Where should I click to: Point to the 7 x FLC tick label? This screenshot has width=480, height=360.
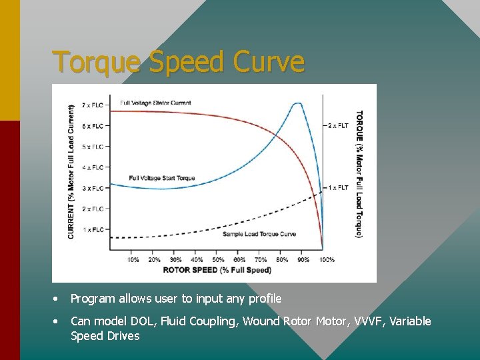pyautogui.click(x=93, y=105)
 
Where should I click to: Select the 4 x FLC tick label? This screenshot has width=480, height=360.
pyautogui.click(x=93, y=167)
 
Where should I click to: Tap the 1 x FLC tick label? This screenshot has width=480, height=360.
pyautogui.click(x=93, y=229)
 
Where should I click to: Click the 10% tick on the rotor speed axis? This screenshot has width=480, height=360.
pyautogui.click(x=133, y=259)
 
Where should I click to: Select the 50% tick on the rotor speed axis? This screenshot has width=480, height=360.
pyautogui.click(x=218, y=259)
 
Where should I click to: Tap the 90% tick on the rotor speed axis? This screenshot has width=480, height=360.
pyautogui.click(x=303, y=259)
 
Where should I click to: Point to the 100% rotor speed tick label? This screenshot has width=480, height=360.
pyautogui.click(x=326, y=259)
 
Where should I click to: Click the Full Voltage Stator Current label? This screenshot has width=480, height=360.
pyautogui.click(x=155, y=103)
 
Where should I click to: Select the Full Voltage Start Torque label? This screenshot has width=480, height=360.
pyautogui.click(x=162, y=178)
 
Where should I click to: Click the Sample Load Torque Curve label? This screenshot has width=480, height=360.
pyautogui.click(x=259, y=235)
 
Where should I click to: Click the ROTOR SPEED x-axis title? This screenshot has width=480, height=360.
pyautogui.click(x=217, y=270)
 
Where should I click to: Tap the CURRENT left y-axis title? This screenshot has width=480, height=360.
pyautogui.click(x=72, y=171)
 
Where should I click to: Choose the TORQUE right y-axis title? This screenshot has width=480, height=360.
pyautogui.click(x=359, y=173)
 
